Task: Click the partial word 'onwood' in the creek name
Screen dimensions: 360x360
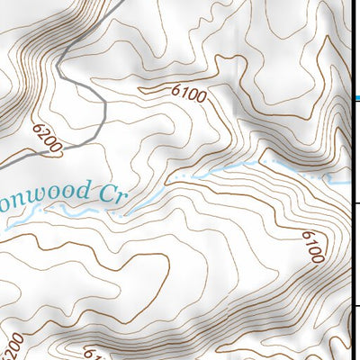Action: (x=46, y=193)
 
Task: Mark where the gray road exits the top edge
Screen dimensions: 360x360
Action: (x=120, y=2)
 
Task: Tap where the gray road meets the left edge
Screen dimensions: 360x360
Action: (x=2, y=166)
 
